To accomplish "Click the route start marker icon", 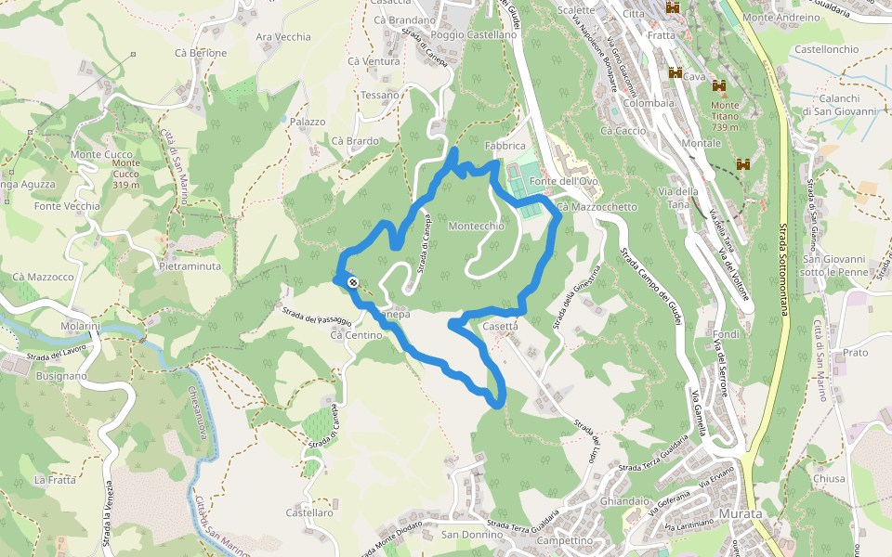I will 354,282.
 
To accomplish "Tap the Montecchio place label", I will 476,227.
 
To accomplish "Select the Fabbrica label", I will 505,147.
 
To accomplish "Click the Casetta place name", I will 500,327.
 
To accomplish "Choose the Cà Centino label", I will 356,335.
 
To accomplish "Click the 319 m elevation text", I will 125,185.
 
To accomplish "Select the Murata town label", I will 740,514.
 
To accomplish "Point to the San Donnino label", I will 471,535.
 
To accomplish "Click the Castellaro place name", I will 309,512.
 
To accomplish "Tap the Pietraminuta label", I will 190,266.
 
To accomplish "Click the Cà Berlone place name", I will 201,53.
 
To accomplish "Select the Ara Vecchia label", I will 283,37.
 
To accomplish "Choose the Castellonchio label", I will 827,48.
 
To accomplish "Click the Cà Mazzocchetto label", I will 598,207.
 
